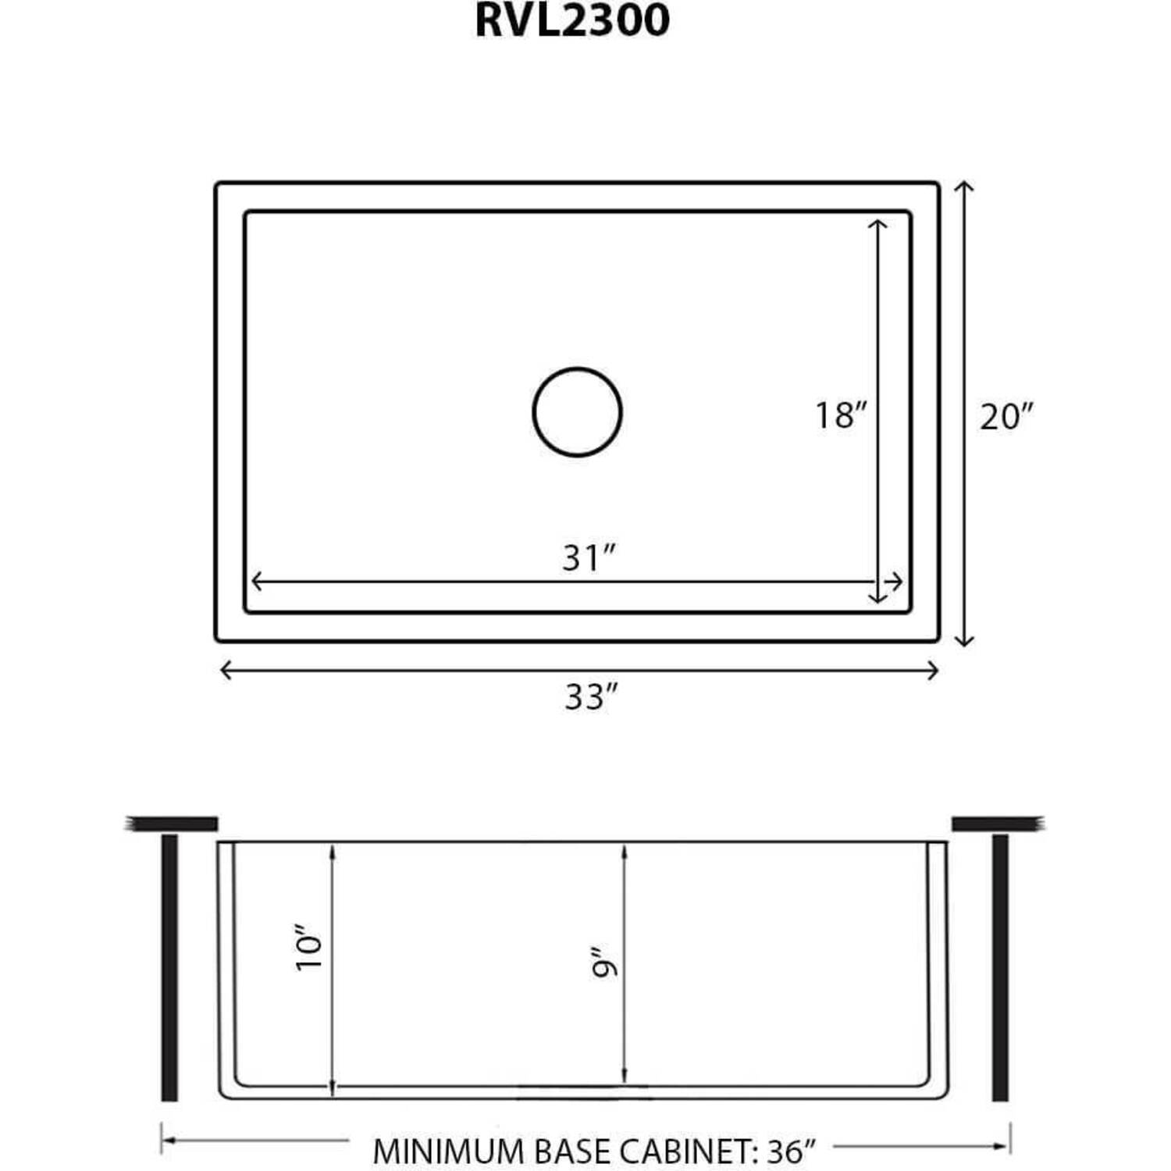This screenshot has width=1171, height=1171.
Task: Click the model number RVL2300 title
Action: tap(572, 20)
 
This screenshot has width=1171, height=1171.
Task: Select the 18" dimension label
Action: tap(841, 415)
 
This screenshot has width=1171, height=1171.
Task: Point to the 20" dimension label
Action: tap(1007, 416)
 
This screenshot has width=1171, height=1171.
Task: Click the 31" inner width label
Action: tap(589, 557)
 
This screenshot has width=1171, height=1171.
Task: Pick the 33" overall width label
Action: tap(591, 696)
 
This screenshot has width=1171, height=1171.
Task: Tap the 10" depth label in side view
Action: tap(309, 947)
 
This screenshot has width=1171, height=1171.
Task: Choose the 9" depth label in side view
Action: tap(604, 963)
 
